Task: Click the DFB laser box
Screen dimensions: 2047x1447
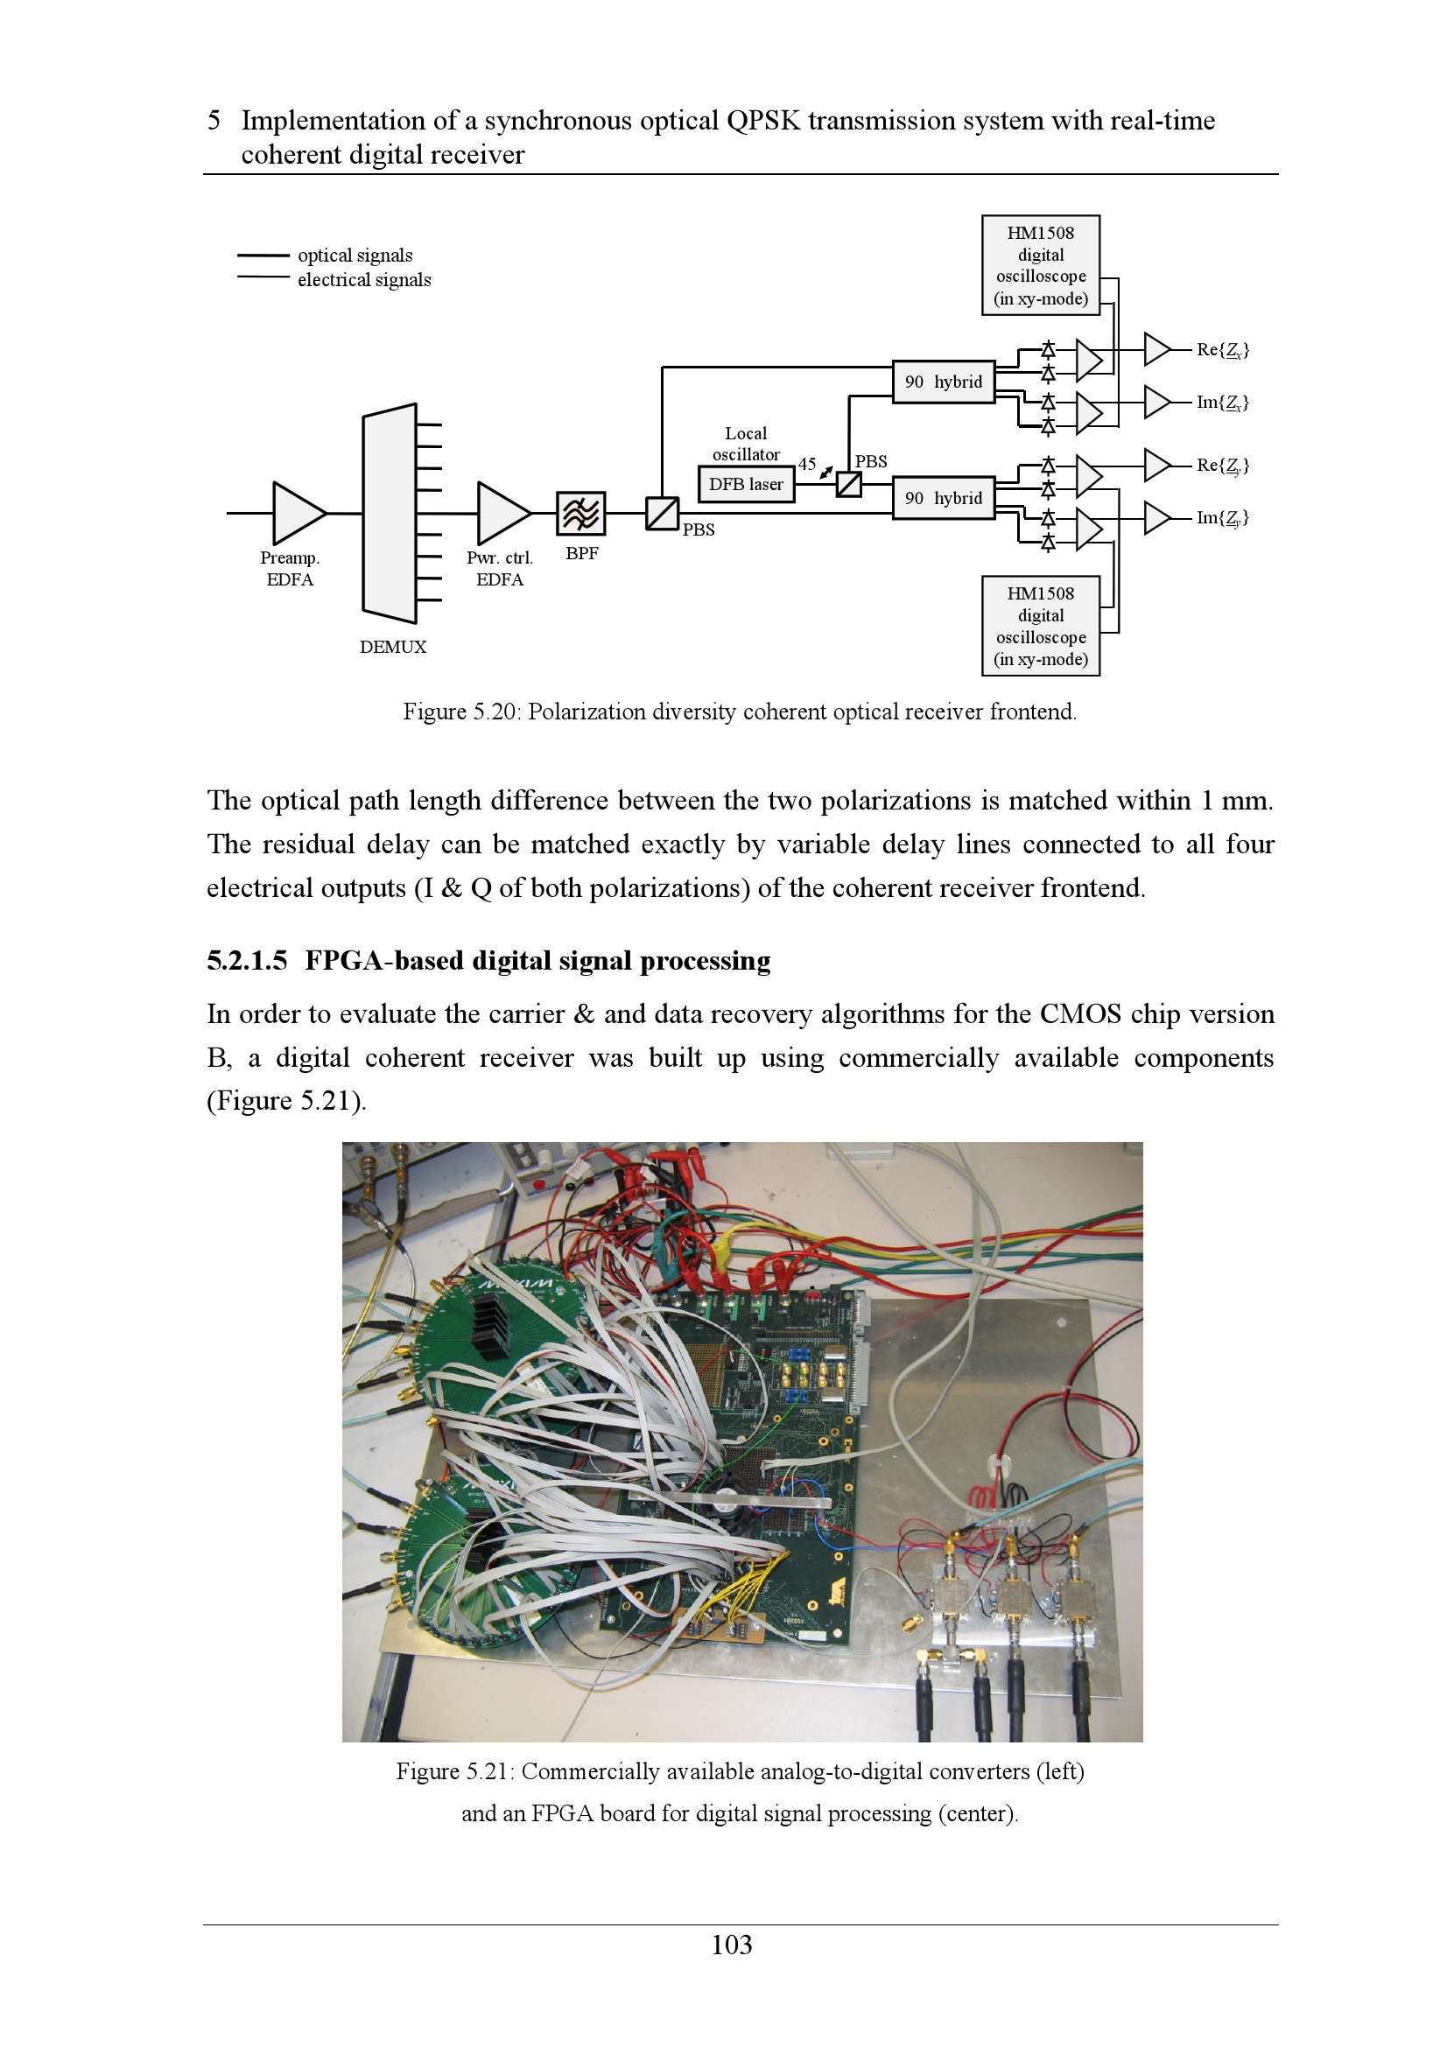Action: click(745, 484)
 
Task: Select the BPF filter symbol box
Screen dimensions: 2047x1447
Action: click(580, 514)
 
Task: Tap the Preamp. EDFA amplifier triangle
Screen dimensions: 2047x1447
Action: click(298, 513)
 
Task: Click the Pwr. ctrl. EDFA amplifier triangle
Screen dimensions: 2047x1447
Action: click(502, 513)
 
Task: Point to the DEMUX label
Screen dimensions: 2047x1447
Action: click(392, 647)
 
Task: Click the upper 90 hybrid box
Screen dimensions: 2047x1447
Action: click(944, 382)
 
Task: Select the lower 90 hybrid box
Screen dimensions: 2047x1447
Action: click(944, 497)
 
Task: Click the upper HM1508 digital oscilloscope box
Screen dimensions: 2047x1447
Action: click(1041, 265)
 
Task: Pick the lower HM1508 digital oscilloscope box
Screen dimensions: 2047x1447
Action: click(1041, 626)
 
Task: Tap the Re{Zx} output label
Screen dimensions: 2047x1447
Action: click(1221, 349)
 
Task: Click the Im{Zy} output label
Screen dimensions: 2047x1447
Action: click(1221, 517)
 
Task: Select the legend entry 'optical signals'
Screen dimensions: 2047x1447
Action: click(355, 255)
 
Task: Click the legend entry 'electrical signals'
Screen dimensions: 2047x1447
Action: click(364, 280)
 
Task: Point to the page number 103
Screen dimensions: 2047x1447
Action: click(731, 1945)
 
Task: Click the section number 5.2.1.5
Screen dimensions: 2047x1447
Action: click(247, 960)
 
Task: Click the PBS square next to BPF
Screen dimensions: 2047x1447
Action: click(662, 513)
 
